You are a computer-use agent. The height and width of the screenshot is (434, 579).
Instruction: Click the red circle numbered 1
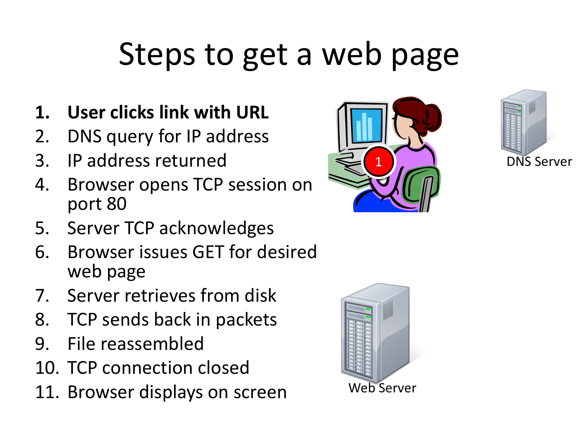tap(378, 161)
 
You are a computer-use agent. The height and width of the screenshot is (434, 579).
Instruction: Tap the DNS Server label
tap(539, 162)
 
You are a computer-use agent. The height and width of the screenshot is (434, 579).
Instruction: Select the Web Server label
tap(382, 388)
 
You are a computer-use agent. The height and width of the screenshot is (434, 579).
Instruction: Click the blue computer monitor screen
tap(366, 125)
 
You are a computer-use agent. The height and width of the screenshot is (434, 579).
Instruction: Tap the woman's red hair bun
tap(432, 118)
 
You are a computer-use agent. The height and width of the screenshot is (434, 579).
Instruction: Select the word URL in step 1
tap(252, 113)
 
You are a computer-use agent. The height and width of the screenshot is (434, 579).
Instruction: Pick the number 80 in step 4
tap(116, 204)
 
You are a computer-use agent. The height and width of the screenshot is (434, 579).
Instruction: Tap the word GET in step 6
tap(208, 252)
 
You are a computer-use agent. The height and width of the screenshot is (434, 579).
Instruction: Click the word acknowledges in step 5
tap(216, 228)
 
